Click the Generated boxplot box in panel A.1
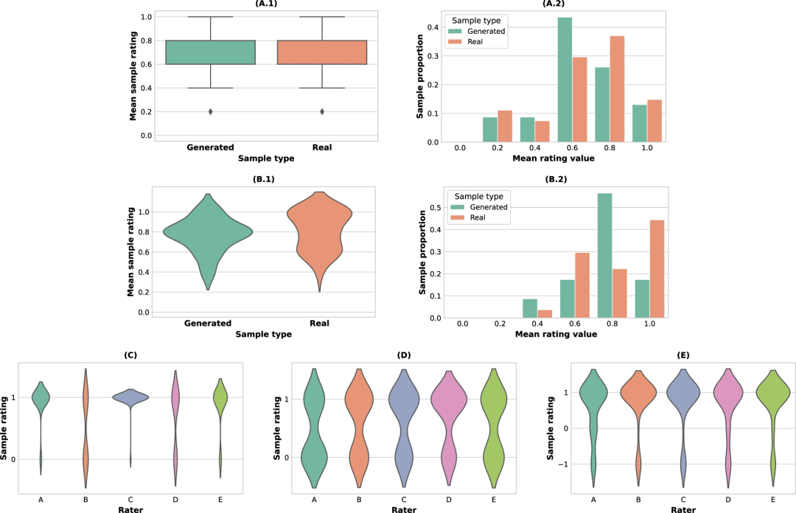(x=210, y=52)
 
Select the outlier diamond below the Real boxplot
(x=322, y=111)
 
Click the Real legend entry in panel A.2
(x=475, y=43)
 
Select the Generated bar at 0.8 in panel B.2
(x=604, y=255)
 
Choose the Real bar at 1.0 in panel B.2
(x=657, y=269)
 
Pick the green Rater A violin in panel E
(x=593, y=398)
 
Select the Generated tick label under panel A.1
(x=210, y=147)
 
